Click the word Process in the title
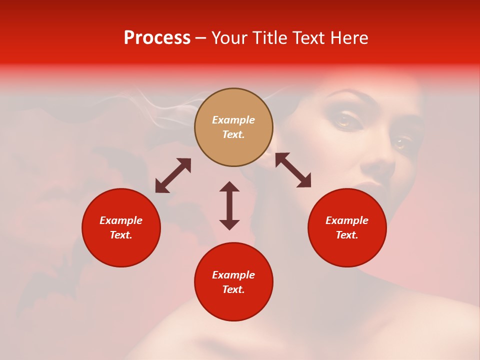157,38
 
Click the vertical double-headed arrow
229,205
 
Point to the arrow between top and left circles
173,175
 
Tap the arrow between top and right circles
293,170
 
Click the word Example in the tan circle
233,120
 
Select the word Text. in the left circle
121,235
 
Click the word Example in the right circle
347,220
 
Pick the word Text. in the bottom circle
233,289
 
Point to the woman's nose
382,167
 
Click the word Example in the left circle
121,220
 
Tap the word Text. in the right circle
347,235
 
